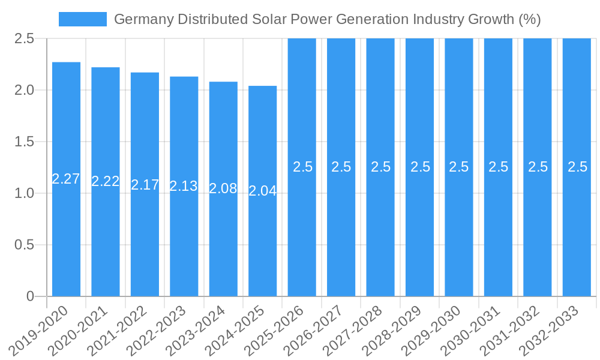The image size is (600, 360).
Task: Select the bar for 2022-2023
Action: [184, 240]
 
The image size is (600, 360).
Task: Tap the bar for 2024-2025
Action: [262, 240]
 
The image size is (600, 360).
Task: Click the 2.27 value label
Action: [66, 179]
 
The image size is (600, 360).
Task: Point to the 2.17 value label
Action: [145, 185]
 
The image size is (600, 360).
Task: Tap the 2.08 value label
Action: [223, 188]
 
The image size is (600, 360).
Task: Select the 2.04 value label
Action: [262, 191]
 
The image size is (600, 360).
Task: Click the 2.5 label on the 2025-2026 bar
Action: [302, 167]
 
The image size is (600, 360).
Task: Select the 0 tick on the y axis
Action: [31, 296]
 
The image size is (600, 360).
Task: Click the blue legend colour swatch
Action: [83, 19]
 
